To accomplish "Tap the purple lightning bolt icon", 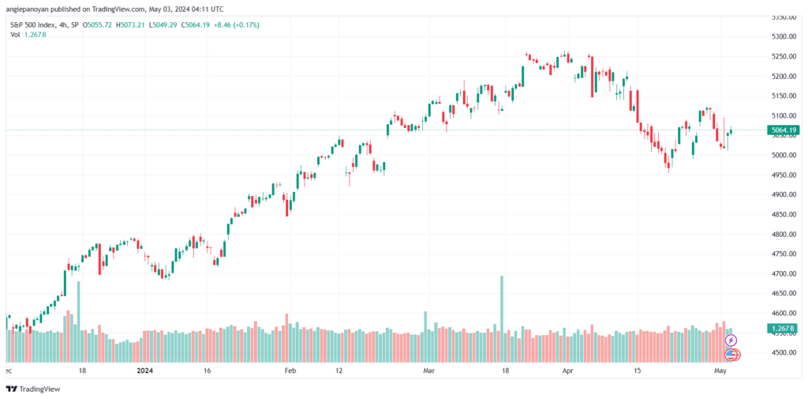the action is pyautogui.click(x=731, y=341).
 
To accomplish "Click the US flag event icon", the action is pyautogui.click(x=731, y=355).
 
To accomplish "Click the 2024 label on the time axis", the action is pyautogui.click(x=145, y=371).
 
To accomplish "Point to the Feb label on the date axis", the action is pyautogui.click(x=290, y=371).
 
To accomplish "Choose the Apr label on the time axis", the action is pyautogui.click(x=568, y=371).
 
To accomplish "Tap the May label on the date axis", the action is pyautogui.click(x=720, y=371).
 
